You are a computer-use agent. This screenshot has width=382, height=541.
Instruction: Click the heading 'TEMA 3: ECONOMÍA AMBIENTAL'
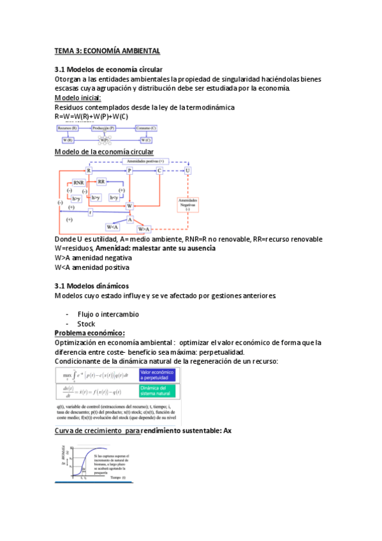click(107, 50)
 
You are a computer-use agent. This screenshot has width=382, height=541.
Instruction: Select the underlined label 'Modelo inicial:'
click(78, 98)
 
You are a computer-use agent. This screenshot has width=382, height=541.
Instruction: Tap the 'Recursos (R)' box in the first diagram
click(68, 128)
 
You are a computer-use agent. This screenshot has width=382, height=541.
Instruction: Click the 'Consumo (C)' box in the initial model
click(147, 128)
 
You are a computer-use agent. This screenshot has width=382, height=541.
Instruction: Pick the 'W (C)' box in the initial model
click(146, 140)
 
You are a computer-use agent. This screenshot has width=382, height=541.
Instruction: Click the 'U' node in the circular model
click(187, 171)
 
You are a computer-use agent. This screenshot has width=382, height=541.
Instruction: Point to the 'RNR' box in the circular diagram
click(78, 182)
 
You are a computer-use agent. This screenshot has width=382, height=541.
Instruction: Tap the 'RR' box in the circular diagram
click(101, 182)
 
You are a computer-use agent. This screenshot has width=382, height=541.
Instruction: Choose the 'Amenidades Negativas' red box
click(188, 204)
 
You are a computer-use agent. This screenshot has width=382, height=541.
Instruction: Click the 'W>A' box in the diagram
click(143, 228)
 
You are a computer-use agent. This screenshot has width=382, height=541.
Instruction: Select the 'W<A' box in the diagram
click(113, 226)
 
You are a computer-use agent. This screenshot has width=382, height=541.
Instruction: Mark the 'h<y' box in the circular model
click(115, 198)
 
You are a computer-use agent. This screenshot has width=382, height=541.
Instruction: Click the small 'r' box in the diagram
click(91, 212)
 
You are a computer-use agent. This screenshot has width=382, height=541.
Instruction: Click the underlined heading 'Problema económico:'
click(90, 333)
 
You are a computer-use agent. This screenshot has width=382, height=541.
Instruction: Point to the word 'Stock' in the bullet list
click(86, 324)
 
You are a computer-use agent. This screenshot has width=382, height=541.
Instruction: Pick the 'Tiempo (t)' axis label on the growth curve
click(118, 477)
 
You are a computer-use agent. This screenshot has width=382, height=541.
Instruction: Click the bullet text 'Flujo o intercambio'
click(108, 315)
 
